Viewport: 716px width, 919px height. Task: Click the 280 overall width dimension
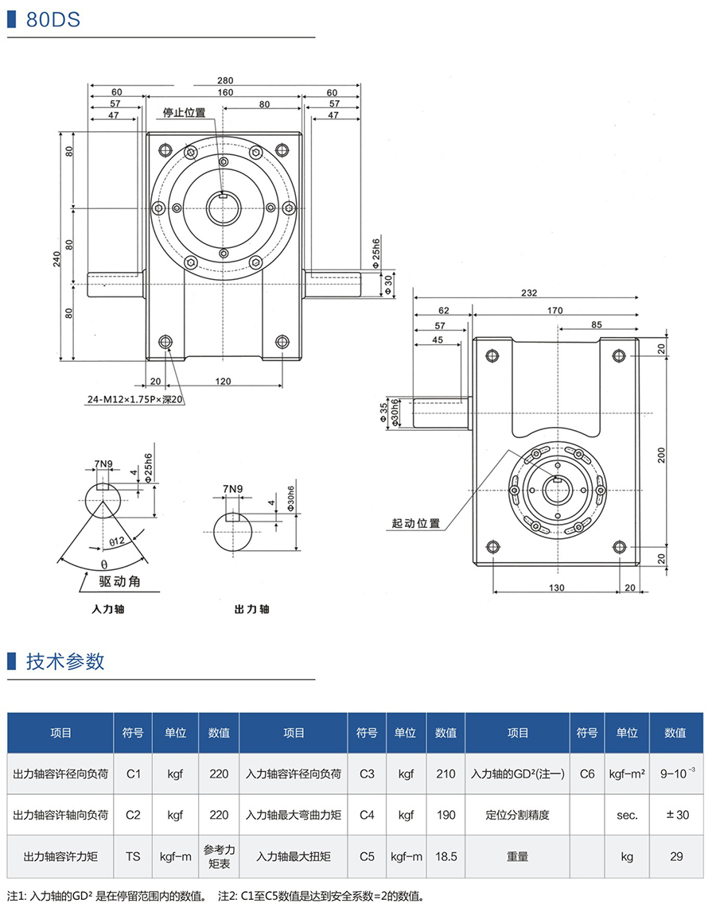(x=225, y=80)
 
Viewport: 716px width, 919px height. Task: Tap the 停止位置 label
(x=185, y=112)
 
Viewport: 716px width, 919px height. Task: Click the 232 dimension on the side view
(x=528, y=293)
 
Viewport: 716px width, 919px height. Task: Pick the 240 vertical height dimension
(x=57, y=259)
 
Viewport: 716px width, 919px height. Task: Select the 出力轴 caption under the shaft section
(x=251, y=609)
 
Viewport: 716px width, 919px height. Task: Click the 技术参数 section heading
(x=65, y=661)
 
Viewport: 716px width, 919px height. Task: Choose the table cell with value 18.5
(x=446, y=857)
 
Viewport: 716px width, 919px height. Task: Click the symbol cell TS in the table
(x=133, y=857)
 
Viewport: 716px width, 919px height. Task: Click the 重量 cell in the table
(x=518, y=857)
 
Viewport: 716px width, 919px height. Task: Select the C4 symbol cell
(x=367, y=815)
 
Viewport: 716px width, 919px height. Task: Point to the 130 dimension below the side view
(x=556, y=587)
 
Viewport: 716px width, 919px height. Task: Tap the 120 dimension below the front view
(x=223, y=382)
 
